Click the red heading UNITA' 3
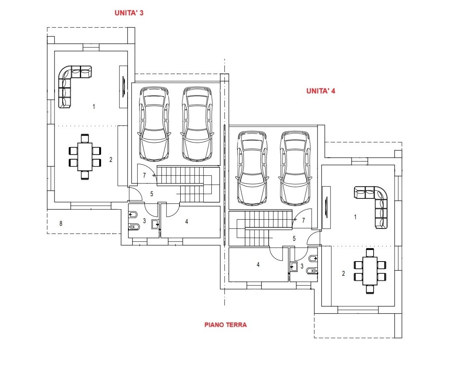click(129, 13)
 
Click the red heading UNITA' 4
click(321, 91)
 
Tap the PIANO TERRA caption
click(226, 325)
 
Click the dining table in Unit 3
click(85, 157)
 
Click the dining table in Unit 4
click(370, 271)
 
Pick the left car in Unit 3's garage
click(154, 124)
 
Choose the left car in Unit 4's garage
click(252, 168)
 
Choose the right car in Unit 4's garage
click(295, 168)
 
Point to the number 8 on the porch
click(61, 223)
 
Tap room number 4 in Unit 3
click(186, 222)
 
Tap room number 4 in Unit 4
click(258, 265)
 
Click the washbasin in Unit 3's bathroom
click(155, 224)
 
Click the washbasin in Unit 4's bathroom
click(294, 267)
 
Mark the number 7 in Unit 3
click(144, 175)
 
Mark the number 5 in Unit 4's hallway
click(294, 239)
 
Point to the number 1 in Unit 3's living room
click(93, 107)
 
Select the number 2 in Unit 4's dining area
click(343, 273)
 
